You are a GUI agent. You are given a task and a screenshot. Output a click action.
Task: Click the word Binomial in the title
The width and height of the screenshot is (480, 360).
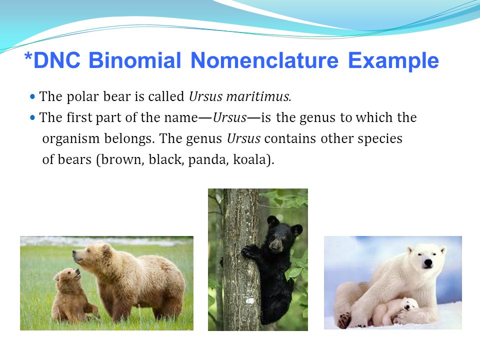pyautogui.click(x=134, y=60)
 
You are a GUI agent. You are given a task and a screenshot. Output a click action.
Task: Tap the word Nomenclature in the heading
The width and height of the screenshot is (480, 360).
pyautogui.click(x=264, y=60)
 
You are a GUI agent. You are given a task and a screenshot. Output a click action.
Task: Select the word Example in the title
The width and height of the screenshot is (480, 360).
pyautogui.click(x=393, y=61)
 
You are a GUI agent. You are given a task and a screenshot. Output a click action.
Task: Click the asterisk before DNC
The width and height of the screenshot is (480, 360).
pyautogui.click(x=28, y=56)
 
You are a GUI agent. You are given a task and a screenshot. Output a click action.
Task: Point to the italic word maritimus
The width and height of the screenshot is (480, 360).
pyautogui.click(x=258, y=96)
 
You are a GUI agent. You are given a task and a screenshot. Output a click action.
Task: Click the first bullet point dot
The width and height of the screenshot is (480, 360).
pyautogui.click(x=33, y=96)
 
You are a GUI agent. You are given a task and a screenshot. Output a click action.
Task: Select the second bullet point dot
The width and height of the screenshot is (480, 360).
pyautogui.click(x=33, y=117)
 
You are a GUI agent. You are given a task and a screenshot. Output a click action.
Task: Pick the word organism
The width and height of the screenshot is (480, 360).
pyautogui.click(x=71, y=139)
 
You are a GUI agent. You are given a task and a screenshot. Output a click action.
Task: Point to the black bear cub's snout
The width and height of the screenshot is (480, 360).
pyautogui.click(x=276, y=244)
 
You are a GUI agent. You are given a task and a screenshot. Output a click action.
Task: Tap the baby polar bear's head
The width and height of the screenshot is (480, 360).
pyautogui.click(x=409, y=304)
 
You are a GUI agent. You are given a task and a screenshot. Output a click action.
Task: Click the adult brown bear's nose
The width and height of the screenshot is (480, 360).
pyautogui.click(x=74, y=252)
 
